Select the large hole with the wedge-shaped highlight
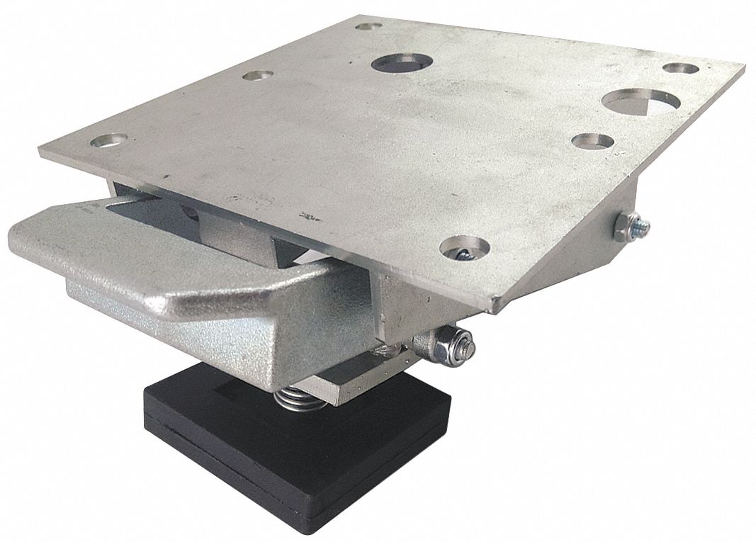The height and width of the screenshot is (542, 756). pyautogui.click(x=636, y=100)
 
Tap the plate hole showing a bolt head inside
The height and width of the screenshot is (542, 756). pyautogui.click(x=465, y=249)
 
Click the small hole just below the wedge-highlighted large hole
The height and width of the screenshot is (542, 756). pyautogui.click(x=592, y=141)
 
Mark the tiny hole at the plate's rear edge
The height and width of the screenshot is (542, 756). pyautogui.click(x=366, y=27)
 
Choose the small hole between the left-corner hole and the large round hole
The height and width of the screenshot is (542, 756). pyautogui.click(x=259, y=74)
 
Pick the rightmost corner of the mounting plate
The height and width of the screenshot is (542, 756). pyautogui.click(x=744, y=69)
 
